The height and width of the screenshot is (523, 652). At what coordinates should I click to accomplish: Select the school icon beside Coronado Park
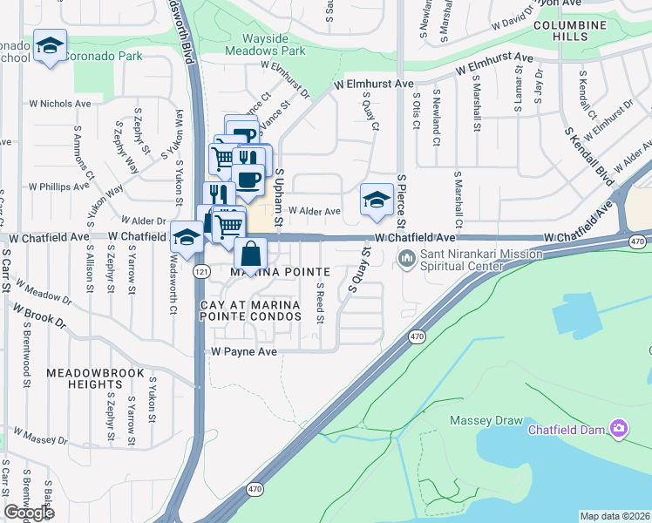click(50, 45)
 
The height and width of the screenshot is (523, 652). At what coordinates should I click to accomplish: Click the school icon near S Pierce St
click(376, 200)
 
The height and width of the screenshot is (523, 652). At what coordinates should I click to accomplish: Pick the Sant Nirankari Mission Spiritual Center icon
click(406, 259)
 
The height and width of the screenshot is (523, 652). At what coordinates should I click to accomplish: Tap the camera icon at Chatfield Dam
click(619, 427)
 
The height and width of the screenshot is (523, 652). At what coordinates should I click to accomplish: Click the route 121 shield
click(201, 272)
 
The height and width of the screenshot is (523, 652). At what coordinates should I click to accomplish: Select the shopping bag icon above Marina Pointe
click(250, 255)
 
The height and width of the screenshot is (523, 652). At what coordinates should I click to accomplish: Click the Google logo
click(29, 513)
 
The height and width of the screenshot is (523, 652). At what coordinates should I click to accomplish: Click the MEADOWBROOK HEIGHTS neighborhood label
click(97, 378)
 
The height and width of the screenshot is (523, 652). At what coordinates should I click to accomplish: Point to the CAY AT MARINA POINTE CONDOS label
click(250, 311)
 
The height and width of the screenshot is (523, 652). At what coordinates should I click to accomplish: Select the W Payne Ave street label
click(243, 351)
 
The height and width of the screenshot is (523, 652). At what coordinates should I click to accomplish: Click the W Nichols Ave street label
click(60, 103)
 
